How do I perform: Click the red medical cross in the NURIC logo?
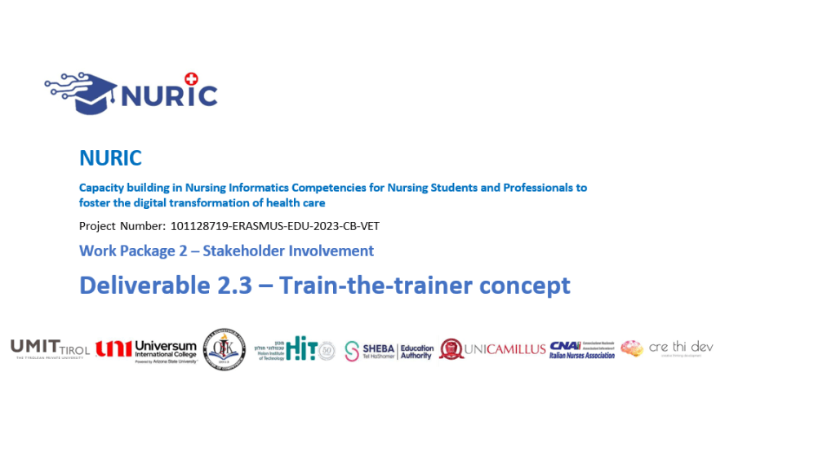[x=192, y=78]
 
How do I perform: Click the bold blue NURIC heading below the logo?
[x=110, y=157]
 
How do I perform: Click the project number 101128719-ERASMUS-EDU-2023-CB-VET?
[x=275, y=226]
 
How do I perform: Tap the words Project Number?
[x=122, y=226]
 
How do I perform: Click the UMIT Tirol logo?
[x=50, y=349]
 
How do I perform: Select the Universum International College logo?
[x=146, y=350]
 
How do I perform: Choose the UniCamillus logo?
[x=492, y=349]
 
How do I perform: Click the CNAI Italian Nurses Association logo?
[x=582, y=349]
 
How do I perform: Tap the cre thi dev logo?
[x=667, y=348]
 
